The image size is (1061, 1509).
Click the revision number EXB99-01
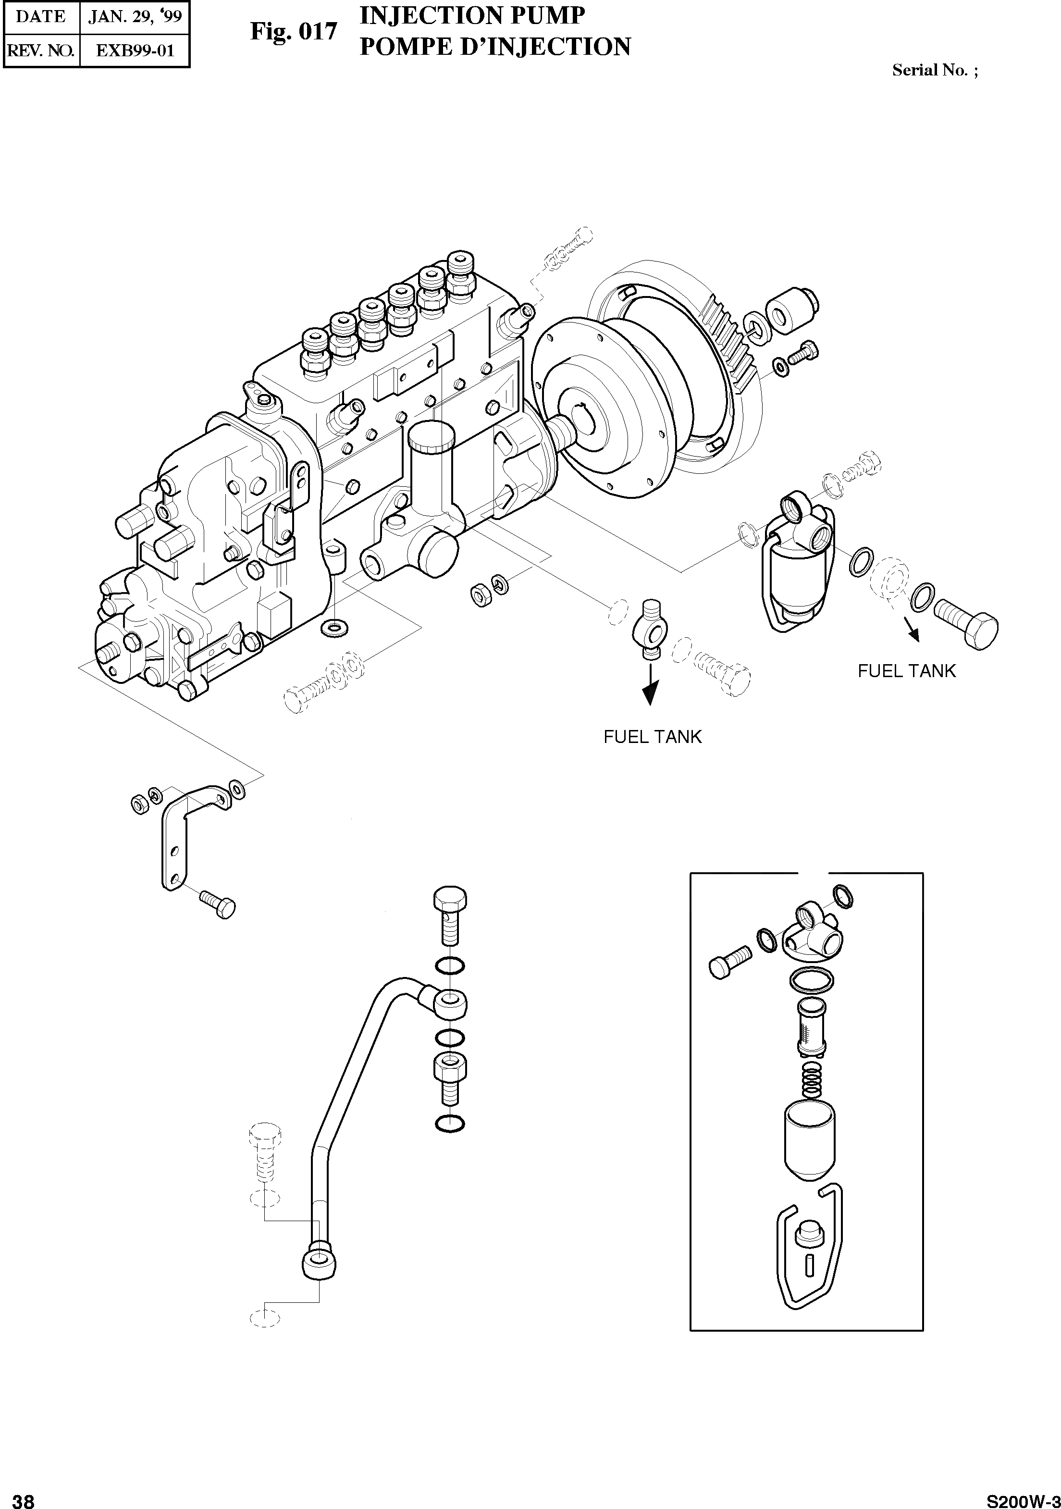click(135, 50)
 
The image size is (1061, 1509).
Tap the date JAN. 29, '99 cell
click(135, 16)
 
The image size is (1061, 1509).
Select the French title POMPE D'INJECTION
click(494, 47)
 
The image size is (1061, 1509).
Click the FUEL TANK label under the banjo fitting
click(653, 737)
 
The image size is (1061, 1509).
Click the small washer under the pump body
click(335, 627)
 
